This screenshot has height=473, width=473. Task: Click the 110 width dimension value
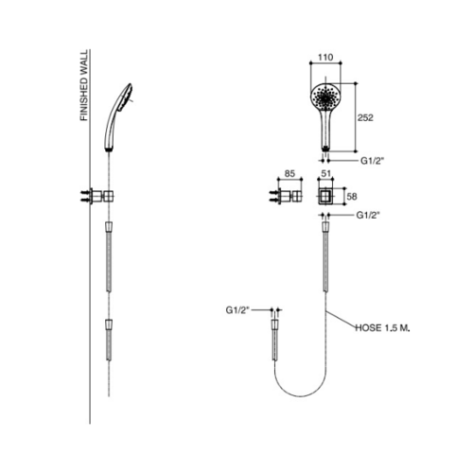pos(325,58)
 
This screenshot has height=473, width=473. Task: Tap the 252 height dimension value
pos(365,117)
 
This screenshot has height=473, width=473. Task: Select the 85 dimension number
pos(289,174)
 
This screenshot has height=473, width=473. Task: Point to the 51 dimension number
pos(325,174)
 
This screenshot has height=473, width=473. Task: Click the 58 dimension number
pos(352,197)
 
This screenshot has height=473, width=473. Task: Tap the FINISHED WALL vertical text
pos(84,85)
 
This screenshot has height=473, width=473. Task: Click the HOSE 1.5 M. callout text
pos(382,328)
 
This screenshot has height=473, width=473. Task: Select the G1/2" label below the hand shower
pos(373,161)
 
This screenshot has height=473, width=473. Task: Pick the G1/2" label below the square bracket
pos(368,215)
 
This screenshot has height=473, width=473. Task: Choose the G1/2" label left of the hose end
pos(237,310)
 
